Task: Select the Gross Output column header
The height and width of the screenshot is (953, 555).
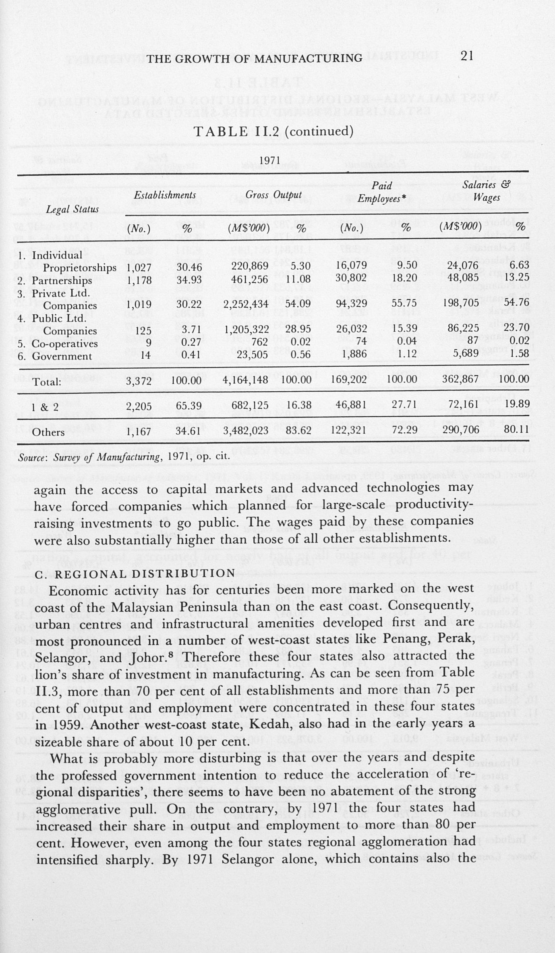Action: coord(273,195)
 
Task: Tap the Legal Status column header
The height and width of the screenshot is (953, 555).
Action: coord(72,210)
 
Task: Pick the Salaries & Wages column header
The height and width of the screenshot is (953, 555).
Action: coord(487,191)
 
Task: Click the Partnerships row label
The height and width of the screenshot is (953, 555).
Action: coord(62,280)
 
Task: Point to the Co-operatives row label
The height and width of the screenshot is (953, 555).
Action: coord(64,344)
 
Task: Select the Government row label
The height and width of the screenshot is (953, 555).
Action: coord(62,357)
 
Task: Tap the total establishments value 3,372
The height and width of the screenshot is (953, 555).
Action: coord(139,380)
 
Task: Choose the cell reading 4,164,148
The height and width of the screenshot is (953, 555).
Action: coord(246,380)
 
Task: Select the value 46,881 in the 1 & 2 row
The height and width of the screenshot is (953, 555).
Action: coord(352,405)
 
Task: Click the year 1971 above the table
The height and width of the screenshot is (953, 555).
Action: coord(270,161)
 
